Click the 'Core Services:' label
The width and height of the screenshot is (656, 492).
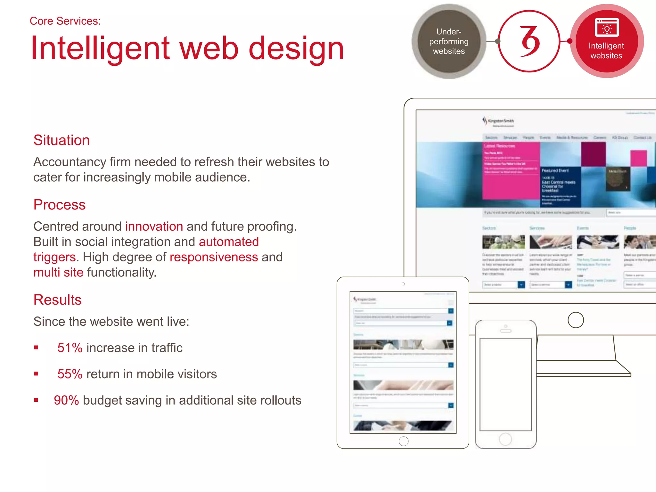(65, 21)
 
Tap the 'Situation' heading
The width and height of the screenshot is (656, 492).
(61, 140)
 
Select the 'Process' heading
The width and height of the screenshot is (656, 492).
(60, 205)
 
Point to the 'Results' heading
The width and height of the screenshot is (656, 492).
(58, 300)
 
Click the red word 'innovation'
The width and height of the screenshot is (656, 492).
(154, 226)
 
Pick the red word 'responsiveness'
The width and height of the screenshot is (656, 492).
(214, 257)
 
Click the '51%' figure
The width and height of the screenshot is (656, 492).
(70, 348)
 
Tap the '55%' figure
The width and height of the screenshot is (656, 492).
(70, 374)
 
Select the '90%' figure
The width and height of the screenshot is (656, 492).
(66, 400)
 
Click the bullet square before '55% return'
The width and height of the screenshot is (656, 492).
(36, 374)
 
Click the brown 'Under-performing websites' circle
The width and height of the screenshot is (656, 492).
(449, 41)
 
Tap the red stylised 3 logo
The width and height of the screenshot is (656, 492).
(529, 41)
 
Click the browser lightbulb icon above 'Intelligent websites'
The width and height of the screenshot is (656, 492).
(606, 28)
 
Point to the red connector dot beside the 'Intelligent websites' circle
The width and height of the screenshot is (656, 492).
(570, 41)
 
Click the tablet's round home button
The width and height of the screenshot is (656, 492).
(404, 441)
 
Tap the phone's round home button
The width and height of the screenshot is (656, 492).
(505, 439)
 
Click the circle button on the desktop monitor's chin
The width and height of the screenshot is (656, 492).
(576, 320)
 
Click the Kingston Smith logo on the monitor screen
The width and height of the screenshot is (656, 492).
(498, 121)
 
